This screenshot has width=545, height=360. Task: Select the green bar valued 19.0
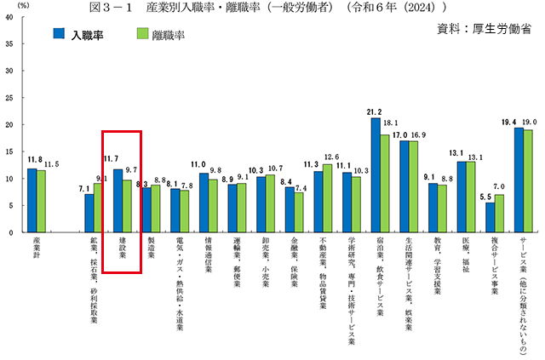[529, 180]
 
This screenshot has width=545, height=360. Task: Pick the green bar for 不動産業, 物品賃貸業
[328, 197]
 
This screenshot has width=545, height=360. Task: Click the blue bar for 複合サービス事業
[490, 217]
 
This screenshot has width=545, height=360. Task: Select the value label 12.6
[331, 157]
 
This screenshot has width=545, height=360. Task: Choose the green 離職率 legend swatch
[143, 35]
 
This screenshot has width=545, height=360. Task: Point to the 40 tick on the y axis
[8, 16]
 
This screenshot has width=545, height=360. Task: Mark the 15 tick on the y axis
[8, 151]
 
